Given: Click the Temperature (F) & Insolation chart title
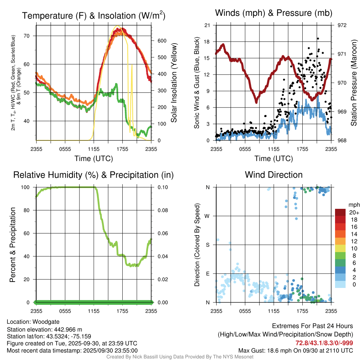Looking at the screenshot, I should point(93,15).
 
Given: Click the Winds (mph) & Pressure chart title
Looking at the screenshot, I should point(274,13).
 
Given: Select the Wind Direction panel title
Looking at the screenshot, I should point(274,175).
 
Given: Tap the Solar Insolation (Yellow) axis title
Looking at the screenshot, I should point(174,83).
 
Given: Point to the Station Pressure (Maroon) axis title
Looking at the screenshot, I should point(354,83).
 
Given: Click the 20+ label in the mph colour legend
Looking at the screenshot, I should point(354,213).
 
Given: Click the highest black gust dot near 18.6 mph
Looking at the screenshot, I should point(317,39).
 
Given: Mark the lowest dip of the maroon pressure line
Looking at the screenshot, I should point(256,102).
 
